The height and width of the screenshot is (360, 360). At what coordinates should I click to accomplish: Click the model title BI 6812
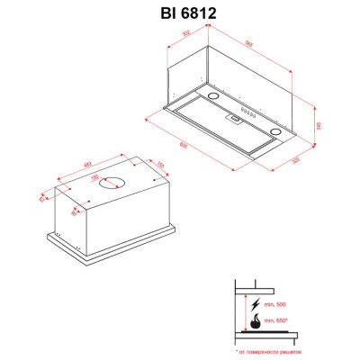[179, 12]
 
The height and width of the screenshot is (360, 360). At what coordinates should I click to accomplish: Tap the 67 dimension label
[41, 200]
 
